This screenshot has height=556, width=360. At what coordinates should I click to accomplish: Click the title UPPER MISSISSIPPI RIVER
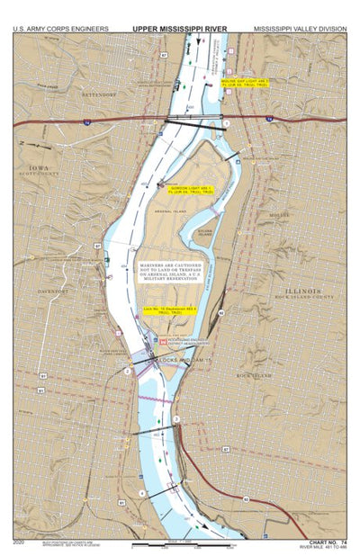[x=180, y=29]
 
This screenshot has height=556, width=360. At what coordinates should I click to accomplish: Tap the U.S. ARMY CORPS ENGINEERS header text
[x=60, y=29]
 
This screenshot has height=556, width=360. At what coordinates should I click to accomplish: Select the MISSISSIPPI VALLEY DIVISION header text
[x=301, y=29]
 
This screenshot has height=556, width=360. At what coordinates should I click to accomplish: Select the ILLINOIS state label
[x=300, y=291]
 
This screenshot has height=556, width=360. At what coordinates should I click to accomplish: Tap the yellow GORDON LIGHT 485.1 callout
[x=194, y=190]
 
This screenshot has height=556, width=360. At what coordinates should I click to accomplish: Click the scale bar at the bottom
[x=184, y=544]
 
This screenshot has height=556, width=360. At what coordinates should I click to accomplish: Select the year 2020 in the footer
[x=20, y=543]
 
